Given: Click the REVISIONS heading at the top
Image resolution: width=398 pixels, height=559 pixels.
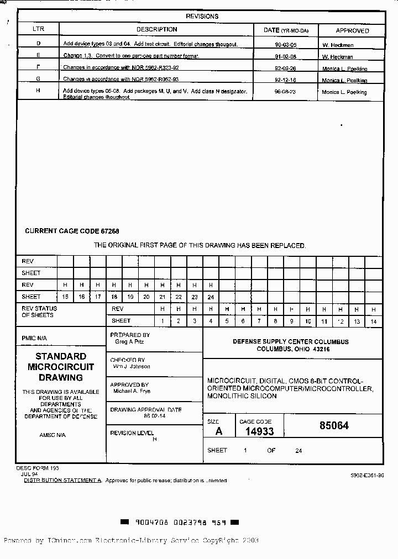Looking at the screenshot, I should pyautogui.click(x=202, y=17).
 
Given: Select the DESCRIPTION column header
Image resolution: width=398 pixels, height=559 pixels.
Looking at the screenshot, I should pyautogui.click(x=157, y=30).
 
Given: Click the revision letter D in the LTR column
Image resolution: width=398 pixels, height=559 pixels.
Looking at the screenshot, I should pyautogui.click(x=38, y=44).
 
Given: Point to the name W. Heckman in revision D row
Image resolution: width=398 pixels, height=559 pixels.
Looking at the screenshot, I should pyautogui.click(x=337, y=45).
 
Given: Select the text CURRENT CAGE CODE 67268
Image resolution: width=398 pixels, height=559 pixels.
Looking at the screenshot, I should pyautogui.click(x=72, y=231).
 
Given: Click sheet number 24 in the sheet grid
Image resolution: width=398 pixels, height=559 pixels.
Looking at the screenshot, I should pyautogui.click(x=211, y=297).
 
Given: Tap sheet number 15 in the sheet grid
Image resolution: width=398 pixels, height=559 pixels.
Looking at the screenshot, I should pyautogui.click(x=65, y=297).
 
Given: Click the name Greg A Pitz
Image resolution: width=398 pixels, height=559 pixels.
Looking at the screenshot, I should pyautogui.click(x=129, y=342).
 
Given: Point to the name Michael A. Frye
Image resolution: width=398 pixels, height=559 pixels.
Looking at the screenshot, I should pyautogui.click(x=132, y=391).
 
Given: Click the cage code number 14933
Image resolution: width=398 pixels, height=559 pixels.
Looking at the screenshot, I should pyautogui.click(x=259, y=432).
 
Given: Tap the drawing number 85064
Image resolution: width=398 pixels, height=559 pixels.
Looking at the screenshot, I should pyautogui.click(x=334, y=426).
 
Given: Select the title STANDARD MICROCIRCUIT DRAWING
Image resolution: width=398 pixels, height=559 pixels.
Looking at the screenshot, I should pyautogui.click(x=61, y=367).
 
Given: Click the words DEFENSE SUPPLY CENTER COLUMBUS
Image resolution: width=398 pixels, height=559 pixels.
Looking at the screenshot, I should pyautogui.click(x=291, y=342).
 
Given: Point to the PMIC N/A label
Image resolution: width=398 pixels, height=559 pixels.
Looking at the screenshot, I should pyautogui.click(x=34, y=338).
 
